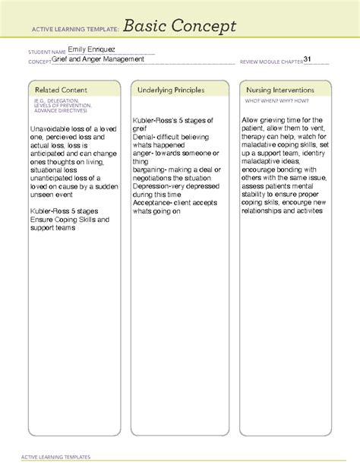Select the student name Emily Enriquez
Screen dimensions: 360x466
coord(91,51)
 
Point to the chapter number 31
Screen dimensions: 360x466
coord(308,59)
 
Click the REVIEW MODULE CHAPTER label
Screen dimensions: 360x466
coord(270,61)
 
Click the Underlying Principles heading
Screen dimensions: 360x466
coord(171,90)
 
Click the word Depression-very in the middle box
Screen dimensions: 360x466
coord(164,186)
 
